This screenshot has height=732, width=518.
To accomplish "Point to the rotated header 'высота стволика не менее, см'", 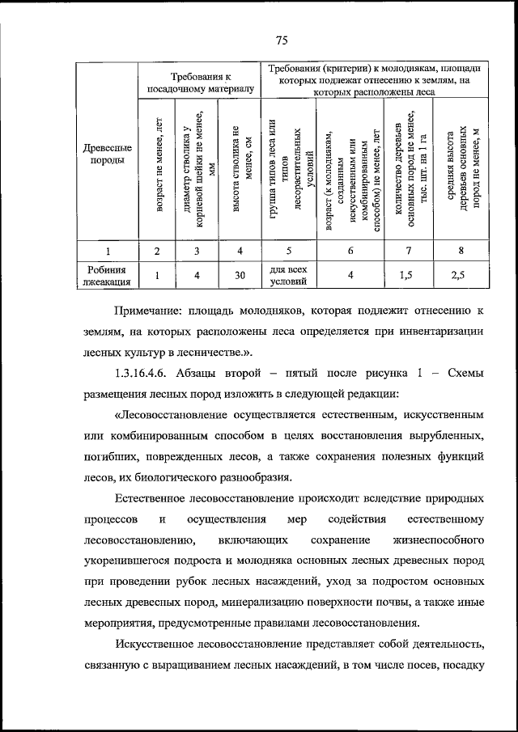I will click(x=241, y=170).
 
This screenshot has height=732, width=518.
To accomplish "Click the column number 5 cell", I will click(x=288, y=251).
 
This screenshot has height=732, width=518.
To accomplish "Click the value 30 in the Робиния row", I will click(x=240, y=275).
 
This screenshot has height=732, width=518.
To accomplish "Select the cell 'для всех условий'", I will click(x=288, y=275).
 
